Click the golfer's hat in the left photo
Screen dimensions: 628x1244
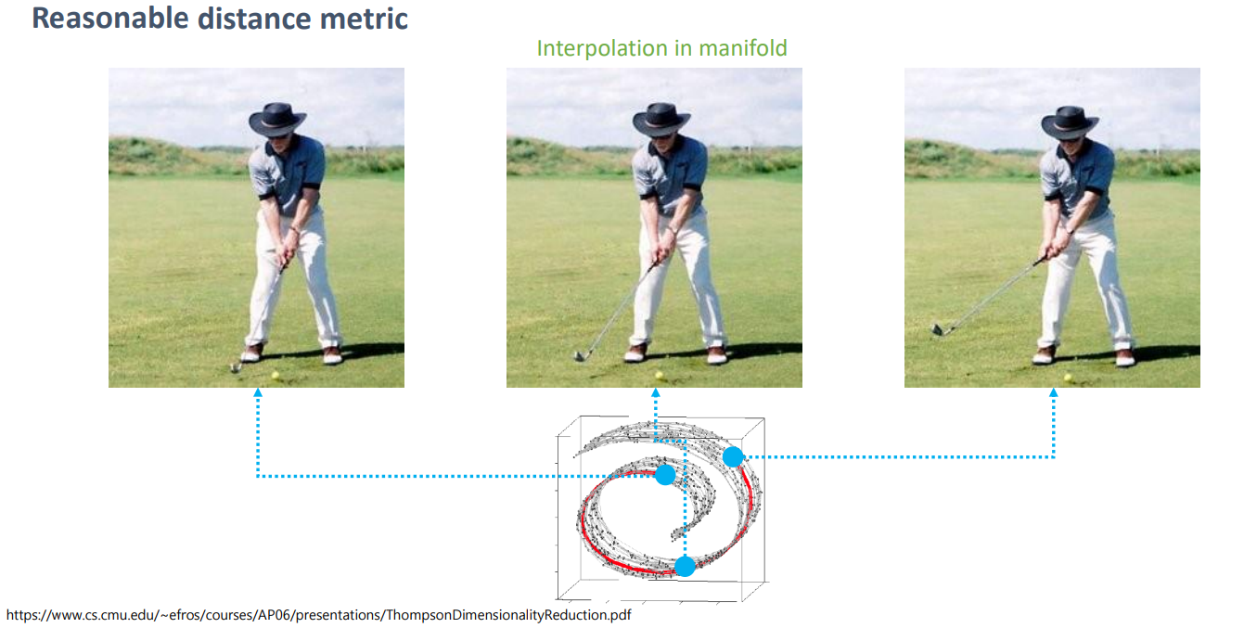point(276,119)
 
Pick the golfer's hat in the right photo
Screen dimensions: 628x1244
point(1070,121)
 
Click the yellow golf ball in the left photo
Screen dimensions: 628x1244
point(275,376)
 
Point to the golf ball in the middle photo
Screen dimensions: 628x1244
point(659,376)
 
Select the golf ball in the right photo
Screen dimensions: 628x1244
point(1068,377)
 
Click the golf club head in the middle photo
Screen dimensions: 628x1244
point(581,354)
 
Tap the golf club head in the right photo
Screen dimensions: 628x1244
point(938,327)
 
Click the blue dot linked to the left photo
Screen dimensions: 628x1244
point(665,475)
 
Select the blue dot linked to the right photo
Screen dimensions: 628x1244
point(733,456)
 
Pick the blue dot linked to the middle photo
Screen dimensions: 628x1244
point(685,566)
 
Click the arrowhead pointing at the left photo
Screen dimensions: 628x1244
point(257,393)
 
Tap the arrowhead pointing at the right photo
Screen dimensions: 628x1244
point(1054,393)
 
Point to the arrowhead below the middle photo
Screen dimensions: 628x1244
point(655,393)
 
